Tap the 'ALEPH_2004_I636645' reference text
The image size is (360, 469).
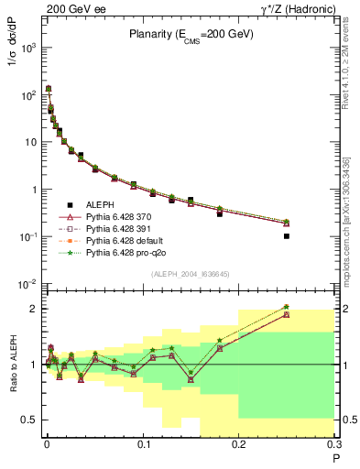pos(190,274)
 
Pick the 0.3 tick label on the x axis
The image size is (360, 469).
pos(333,446)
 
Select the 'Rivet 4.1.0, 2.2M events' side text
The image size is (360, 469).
pos(351,70)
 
